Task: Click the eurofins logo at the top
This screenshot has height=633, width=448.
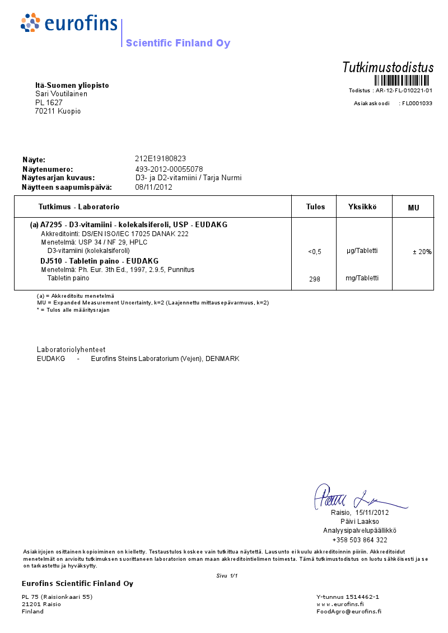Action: [69, 24]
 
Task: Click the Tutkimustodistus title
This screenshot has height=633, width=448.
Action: [388, 68]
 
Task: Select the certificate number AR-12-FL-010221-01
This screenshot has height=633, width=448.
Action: [404, 90]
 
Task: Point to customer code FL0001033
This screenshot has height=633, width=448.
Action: [417, 104]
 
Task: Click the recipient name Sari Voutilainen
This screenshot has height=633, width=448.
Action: [61, 94]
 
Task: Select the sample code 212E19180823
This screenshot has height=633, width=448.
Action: [160, 158]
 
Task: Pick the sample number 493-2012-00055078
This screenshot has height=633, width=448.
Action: [169, 169]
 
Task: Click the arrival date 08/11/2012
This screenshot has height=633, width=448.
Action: [153, 187]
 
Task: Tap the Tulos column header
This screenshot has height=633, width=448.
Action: [315, 207]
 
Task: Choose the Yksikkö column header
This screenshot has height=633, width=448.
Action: [362, 207]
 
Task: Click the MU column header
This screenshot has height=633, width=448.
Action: [413, 208]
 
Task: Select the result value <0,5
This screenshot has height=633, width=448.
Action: [315, 252]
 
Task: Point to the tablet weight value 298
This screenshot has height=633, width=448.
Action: [315, 279]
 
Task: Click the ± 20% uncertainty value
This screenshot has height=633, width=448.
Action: [422, 252]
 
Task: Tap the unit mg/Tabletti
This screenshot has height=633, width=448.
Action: [362, 278]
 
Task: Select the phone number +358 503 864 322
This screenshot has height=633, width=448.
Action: [360, 540]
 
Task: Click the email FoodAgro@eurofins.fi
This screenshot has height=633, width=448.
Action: [349, 612]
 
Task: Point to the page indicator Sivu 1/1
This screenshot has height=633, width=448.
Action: [227, 575]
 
